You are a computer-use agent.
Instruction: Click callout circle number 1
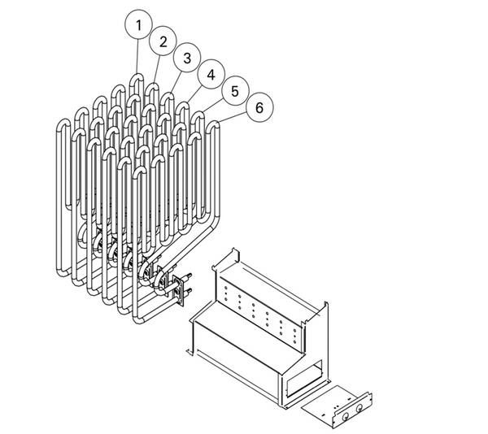pos(138,25)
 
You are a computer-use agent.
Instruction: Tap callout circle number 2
pos(163,41)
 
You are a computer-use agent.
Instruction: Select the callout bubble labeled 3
pos(187,58)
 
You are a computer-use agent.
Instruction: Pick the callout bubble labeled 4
pos(211,75)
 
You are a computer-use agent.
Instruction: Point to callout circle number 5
pos(235,91)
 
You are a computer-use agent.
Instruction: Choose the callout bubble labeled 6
pos(259,107)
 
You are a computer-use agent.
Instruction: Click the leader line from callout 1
pos(137,57)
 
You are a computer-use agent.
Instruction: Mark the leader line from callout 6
pos(232,117)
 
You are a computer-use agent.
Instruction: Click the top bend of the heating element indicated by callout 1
pos(137,77)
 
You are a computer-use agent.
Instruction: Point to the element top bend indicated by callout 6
pos(213,124)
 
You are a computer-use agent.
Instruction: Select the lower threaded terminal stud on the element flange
pos(188,292)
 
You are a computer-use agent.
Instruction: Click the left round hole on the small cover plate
pos(345,417)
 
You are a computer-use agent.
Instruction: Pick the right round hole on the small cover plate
pos(359,409)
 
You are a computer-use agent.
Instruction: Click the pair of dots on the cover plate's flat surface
pos(337,406)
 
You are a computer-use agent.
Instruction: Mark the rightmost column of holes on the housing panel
pos(294,335)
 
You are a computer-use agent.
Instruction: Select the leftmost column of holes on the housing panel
pos(225,293)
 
